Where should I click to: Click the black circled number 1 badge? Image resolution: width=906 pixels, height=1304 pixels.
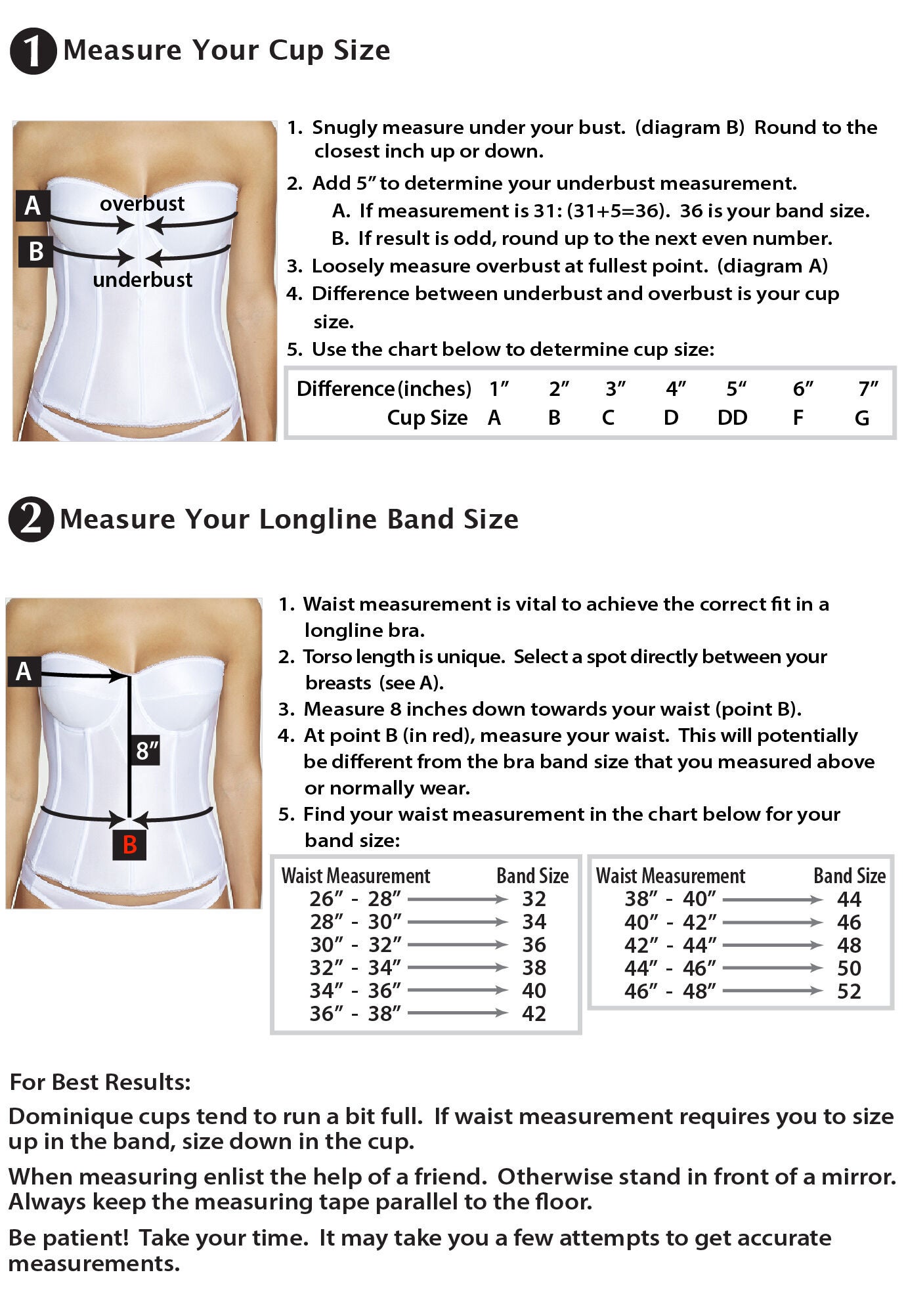pyautogui.click(x=32, y=51)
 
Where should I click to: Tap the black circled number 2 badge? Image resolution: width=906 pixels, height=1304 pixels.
pyautogui.click(x=30, y=519)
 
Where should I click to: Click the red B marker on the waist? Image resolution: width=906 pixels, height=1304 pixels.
pyautogui.click(x=129, y=844)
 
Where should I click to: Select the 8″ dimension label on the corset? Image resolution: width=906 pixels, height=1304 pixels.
pyautogui.click(x=147, y=750)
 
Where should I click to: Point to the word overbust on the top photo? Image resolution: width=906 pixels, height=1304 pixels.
pyautogui.click(x=142, y=204)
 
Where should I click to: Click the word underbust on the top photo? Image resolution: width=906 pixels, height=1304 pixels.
pyautogui.click(x=142, y=280)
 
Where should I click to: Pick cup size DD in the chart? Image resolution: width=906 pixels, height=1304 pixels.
pyautogui.click(x=732, y=418)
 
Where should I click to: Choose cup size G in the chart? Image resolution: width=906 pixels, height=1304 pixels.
pyautogui.click(x=861, y=418)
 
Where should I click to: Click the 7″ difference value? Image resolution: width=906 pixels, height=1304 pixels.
pyautogui.click(x=868, y=389)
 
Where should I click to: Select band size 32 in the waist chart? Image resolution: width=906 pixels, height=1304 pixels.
pyautogui.click(x=534, y=899)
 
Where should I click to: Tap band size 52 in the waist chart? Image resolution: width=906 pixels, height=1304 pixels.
pyautogui.click(x=848, y=991)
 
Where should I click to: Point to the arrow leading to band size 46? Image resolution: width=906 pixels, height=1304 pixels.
pyautogui.click(x=772, y=923)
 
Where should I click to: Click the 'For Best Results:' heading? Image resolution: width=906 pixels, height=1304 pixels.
pyautogui.click(x=100, y=1081)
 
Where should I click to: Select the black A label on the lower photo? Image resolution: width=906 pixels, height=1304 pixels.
pyautogui.click(x=24, y=671)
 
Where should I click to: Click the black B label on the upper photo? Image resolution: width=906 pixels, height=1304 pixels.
pyautogui.click(x=35, y=251)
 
